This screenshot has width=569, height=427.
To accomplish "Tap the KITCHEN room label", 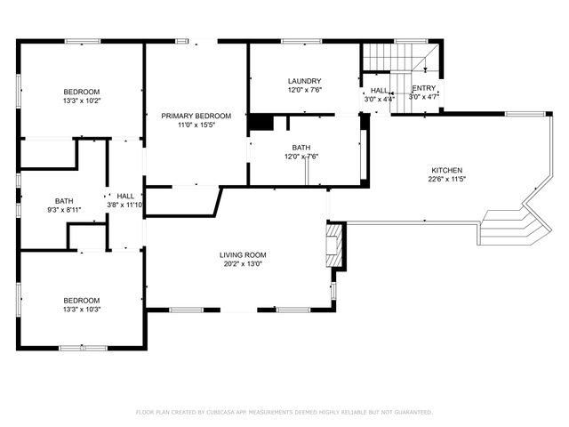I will (x=446, y=170).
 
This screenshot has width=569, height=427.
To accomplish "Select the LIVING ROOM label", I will (x=243, y=255).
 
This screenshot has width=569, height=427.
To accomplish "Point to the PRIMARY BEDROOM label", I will (x=196, y=116).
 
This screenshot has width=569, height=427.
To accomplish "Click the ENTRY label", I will (x=423, y=88).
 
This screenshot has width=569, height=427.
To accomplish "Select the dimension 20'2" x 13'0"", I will (x=243, y=264).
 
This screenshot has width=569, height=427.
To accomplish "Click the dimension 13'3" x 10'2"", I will (x=81, y=101).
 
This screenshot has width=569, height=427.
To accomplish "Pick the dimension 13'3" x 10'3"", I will (x=81, y=310).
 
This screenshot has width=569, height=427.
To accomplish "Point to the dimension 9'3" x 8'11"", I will (x=64, y=210).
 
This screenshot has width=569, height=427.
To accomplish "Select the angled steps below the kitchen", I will (x=511, y=227).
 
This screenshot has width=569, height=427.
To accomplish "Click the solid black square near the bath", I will (x=260, y=122).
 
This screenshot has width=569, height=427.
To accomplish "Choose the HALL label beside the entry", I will (x=379, y=91).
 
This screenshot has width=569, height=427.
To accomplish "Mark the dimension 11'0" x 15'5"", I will (x=196, y=125).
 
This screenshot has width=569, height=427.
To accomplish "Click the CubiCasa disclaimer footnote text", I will (x=284, y=412).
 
